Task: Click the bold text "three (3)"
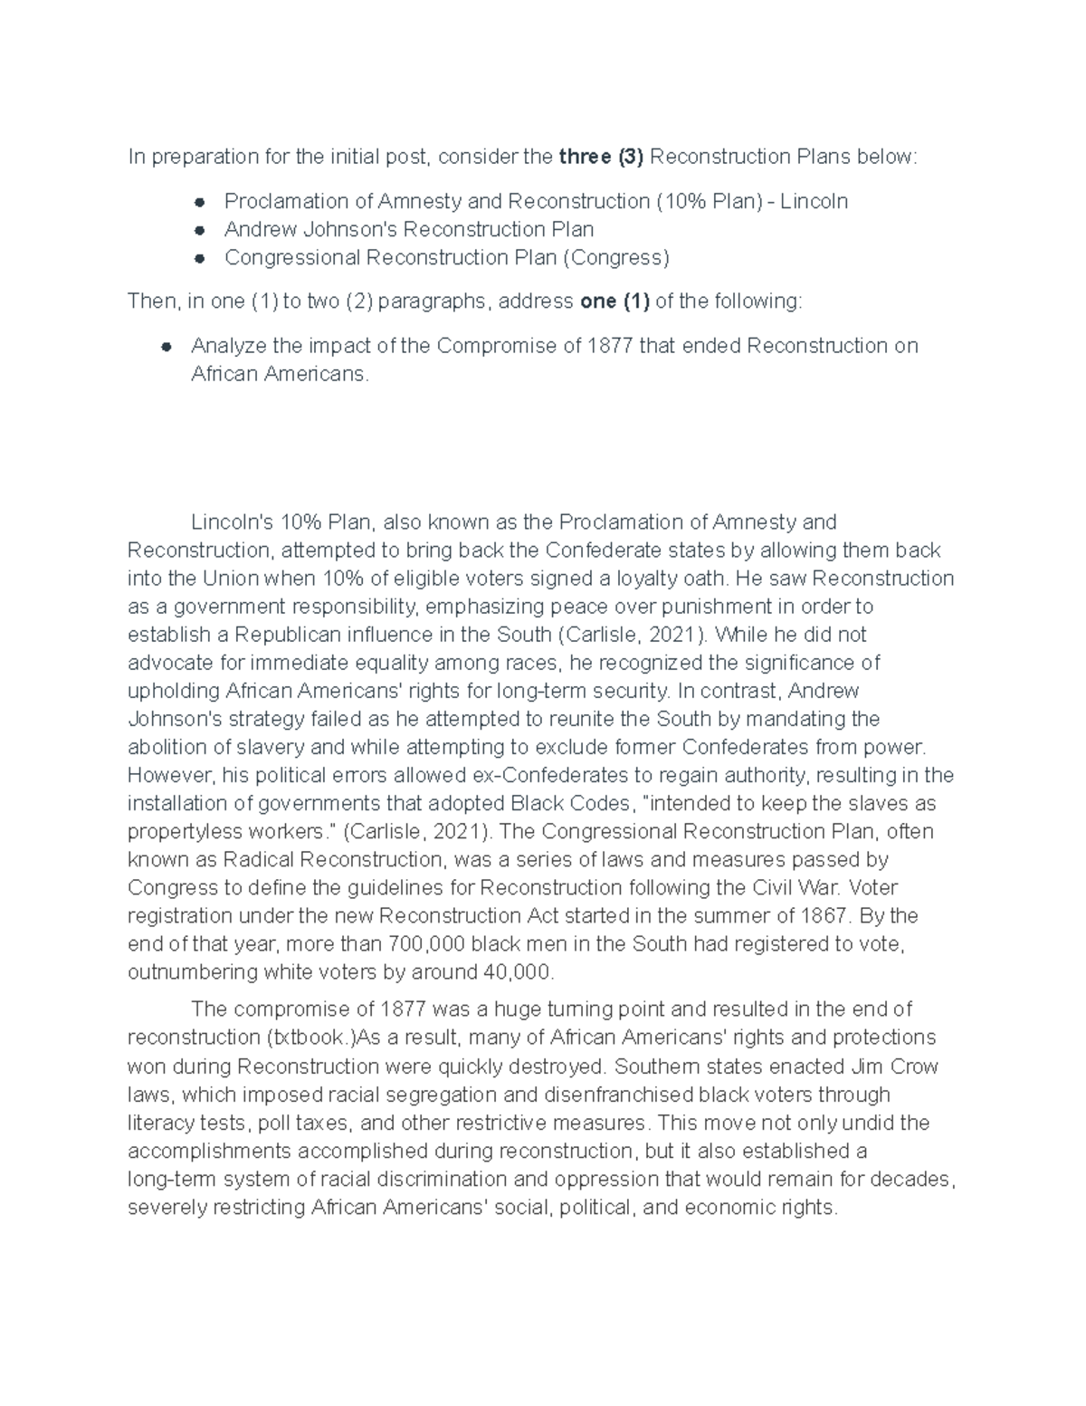tap(601, 157)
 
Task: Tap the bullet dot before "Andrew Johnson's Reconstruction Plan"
tap(199, 230)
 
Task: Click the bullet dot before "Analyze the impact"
tap(166, 346)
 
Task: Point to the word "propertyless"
tap(185, 831)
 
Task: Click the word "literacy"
tap(161, 1123)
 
